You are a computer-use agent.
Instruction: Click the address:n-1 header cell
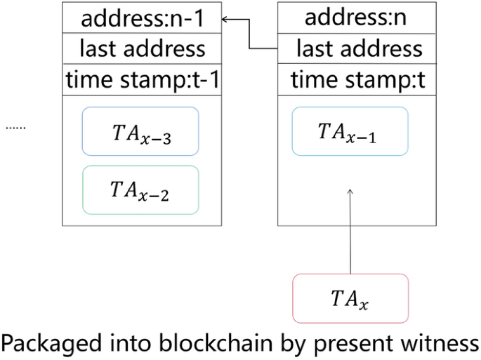click(142, 18)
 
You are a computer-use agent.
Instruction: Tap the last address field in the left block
click(142, 48)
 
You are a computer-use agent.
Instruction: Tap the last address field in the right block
click(359, 48)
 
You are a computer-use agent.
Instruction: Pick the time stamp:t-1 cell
click(142, 79)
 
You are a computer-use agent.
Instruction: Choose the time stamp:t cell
click(359, 79)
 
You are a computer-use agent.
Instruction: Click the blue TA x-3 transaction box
click(140, 131)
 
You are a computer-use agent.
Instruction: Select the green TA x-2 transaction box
click(140, 189)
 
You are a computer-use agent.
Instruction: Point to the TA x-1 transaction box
click(350, 131)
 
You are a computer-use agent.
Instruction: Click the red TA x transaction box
click(350, 298)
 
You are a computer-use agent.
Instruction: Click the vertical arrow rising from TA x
click(350, 232)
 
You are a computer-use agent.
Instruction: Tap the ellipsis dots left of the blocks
click(15, 128)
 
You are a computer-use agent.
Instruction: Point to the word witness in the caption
click(436, 343)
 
